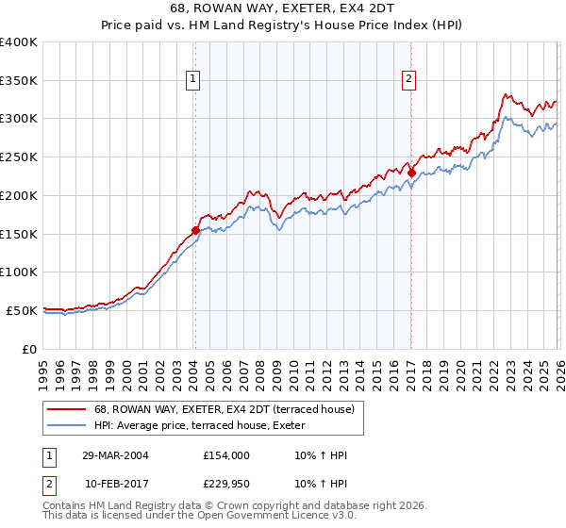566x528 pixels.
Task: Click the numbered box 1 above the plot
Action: click(192, 80)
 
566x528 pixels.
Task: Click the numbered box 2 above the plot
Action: click(409, 80)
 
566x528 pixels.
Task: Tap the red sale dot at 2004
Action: click(195, 230)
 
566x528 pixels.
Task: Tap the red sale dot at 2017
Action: click(412, 173)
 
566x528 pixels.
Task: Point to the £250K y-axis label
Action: click(19, 157)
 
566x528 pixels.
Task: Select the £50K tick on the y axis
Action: click(22, 310)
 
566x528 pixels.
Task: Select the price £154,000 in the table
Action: click(225, 455)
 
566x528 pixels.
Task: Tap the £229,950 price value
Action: click(225, 484)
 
